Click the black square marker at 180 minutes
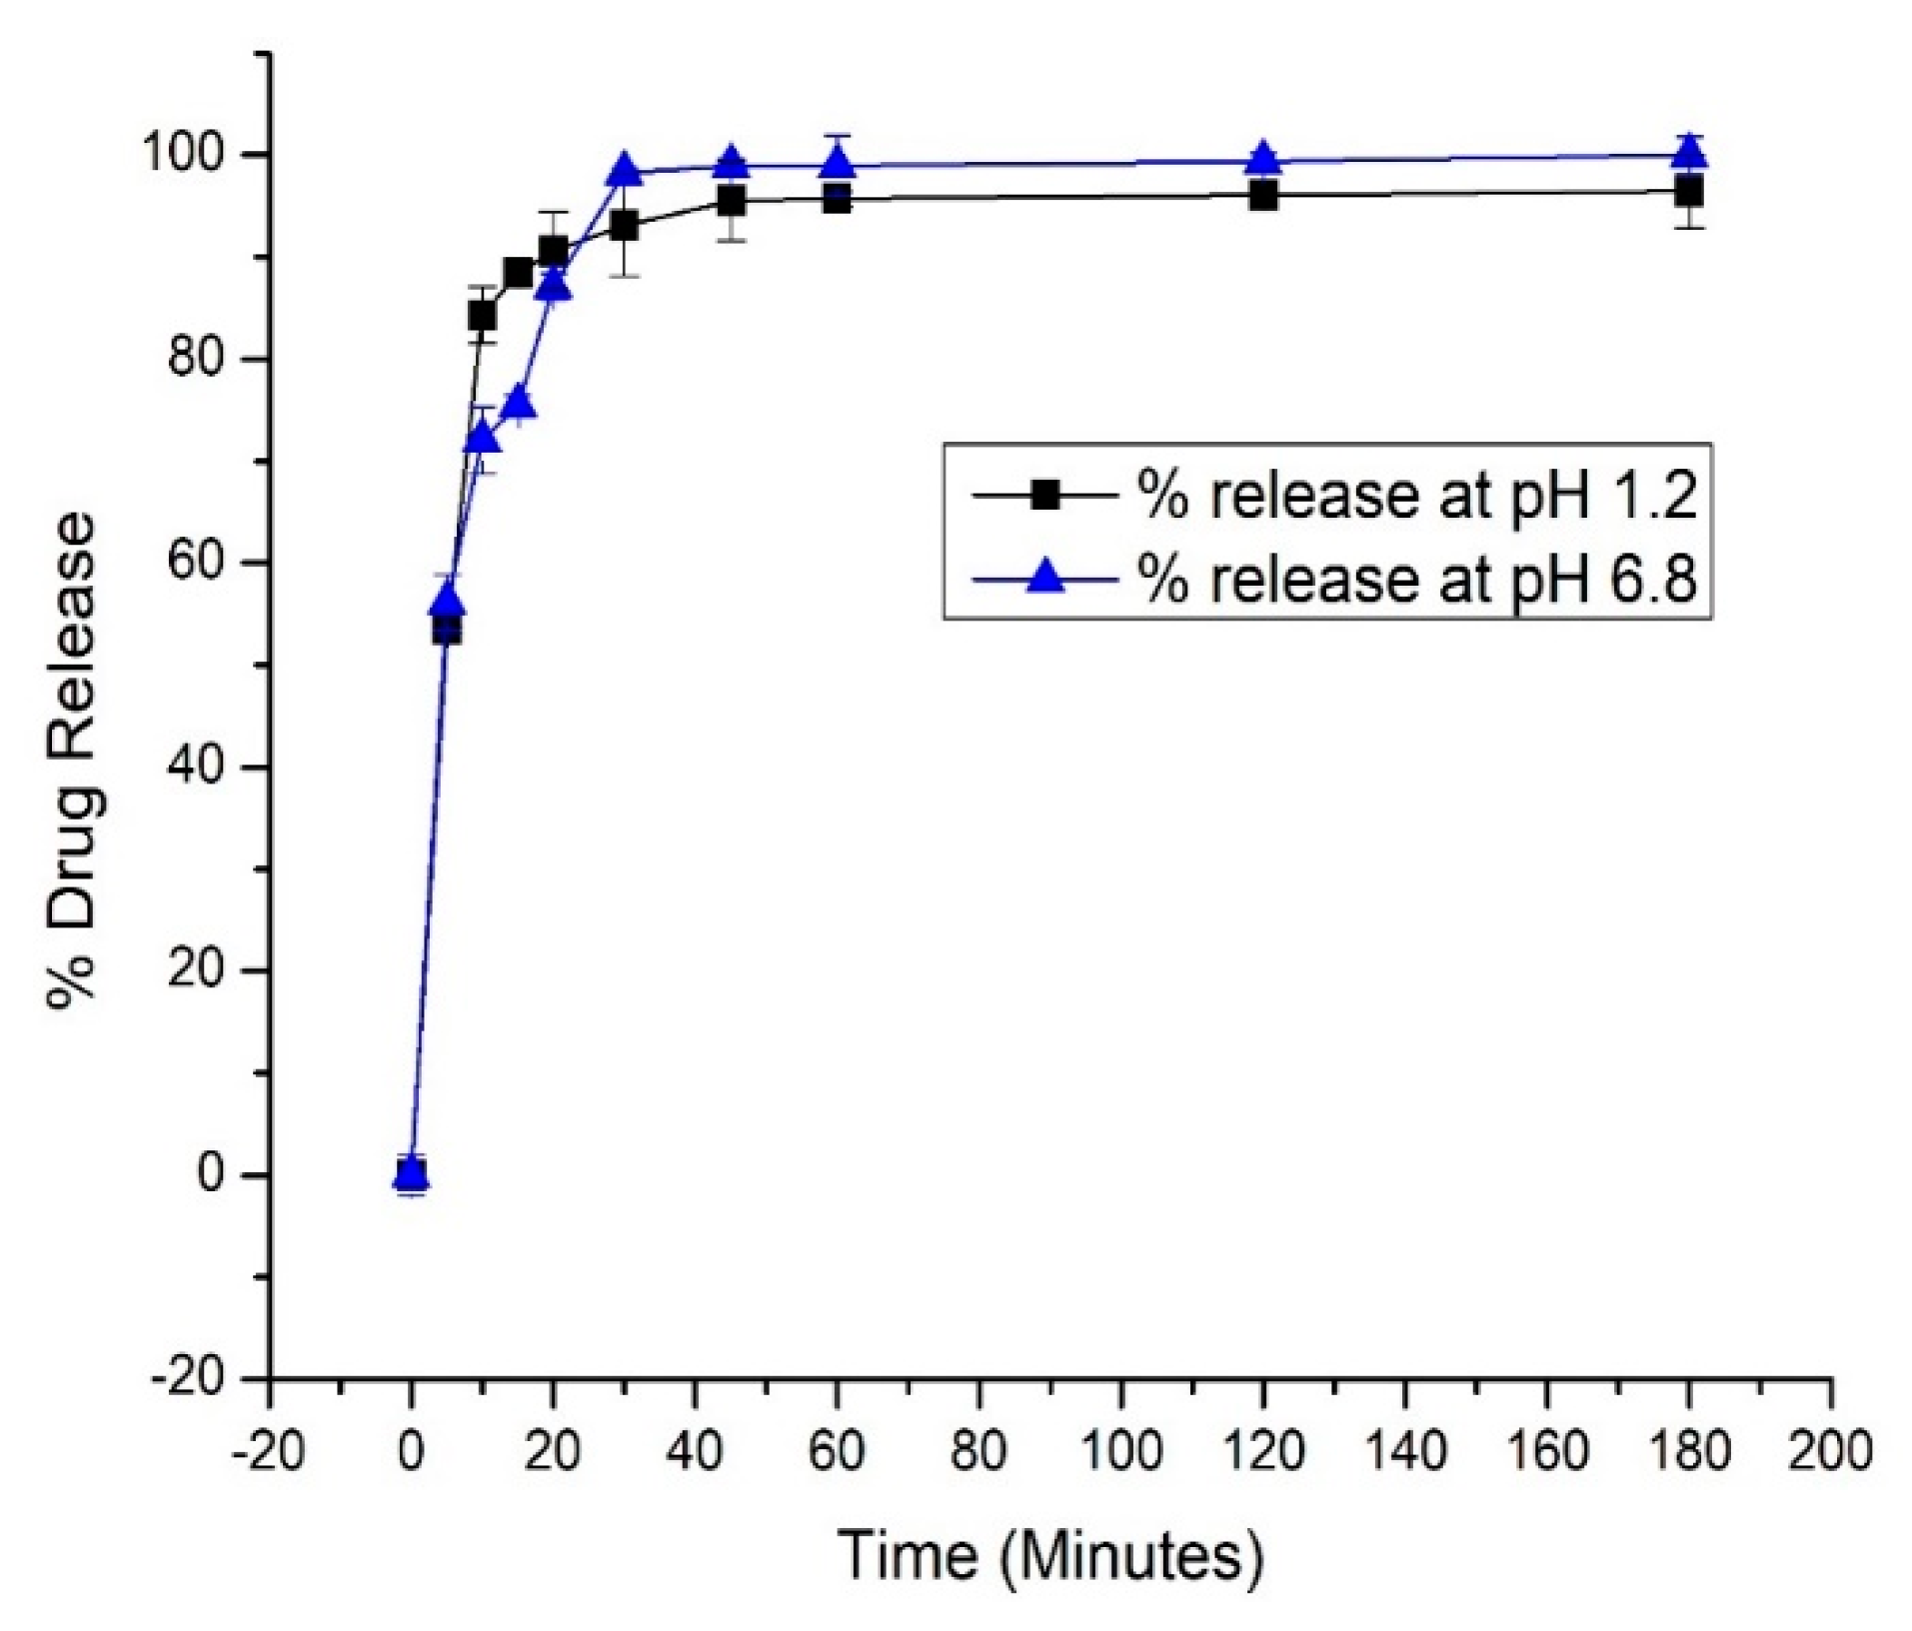pyautogui.click(x=1688, y=192)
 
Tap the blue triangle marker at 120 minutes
pyautogui.click(x=1262, y=159)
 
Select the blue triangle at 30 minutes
pyautogui.click(x=624, y=171)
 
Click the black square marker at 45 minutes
pyautogui.click(x=731, y=200)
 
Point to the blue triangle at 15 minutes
pyautogui.click(x=518, y=404)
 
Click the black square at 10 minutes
pyautogui.click(x=482, y=315)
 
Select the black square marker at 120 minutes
pyautogui.click(x=1262, y=196)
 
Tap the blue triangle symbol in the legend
pyautogui.click(x=1045, y=576)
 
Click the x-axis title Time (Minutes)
pyautogui.click(x=1049, y=1554)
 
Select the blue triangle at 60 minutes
pyautogui.click(x=837, y=161)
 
